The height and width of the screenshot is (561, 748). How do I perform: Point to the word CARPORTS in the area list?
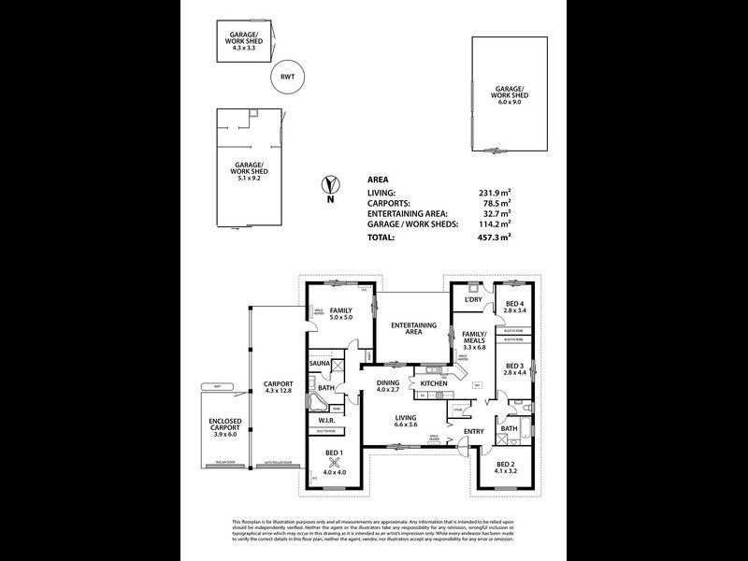click(x=391, y=203)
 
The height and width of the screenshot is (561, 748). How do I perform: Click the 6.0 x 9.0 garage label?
click(x=511, y=95)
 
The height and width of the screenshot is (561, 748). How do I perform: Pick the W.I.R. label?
click(x=326, y=421)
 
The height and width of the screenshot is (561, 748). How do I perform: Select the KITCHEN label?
click(x=434, y=384)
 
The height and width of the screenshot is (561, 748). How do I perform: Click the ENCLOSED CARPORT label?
click(x=224, y=427)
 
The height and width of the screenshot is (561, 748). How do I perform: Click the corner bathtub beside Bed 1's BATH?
click(x=320, y=404)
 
